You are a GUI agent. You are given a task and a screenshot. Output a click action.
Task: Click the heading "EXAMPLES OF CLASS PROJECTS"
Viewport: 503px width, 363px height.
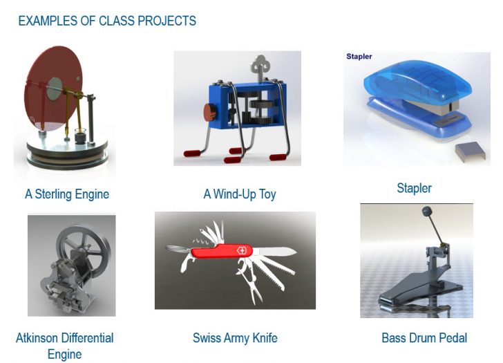107,21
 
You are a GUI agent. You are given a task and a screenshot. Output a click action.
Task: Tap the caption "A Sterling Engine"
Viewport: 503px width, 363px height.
67,194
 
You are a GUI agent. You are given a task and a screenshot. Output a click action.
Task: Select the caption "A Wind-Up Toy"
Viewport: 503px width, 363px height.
239,194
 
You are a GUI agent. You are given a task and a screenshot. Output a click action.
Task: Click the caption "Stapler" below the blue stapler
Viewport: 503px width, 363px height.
414,188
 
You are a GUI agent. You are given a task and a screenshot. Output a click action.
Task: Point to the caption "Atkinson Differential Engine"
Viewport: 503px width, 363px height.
64,346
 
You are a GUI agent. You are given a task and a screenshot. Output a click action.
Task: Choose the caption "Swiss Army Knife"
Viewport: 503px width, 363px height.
235,338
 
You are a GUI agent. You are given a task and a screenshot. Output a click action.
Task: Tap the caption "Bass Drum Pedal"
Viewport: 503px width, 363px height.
424,338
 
